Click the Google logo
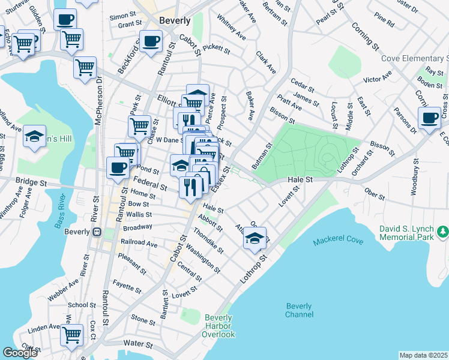coord(20,353)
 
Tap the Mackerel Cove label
coord(338,241)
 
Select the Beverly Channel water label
coord(299,310)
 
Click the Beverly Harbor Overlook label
coord(220,326)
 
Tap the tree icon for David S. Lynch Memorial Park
coord(442,231)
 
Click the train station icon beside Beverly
coord(95,232)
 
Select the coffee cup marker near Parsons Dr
coord(430,118)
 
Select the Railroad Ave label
coord(139,245)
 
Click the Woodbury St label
coord(414,176)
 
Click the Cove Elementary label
coord(415,58)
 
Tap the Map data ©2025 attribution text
coord(423,355)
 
